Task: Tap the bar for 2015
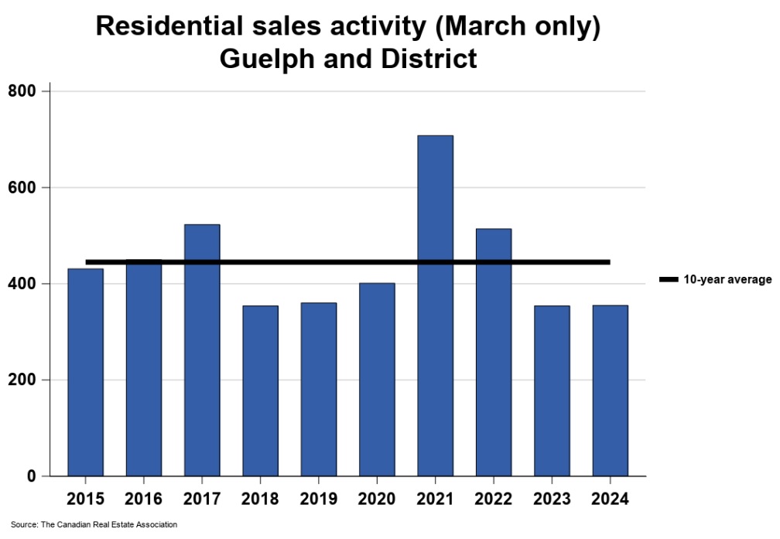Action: [x=85, y=372]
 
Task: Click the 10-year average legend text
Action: [x=727, y=279]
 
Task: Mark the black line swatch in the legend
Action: [x=669, y=279]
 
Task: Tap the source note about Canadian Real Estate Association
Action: [x=94, y=525]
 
